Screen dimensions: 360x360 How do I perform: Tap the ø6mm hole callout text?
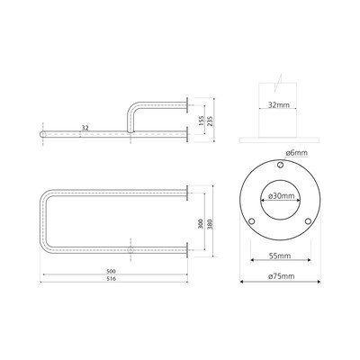pyautogui.click(x=297, y=153)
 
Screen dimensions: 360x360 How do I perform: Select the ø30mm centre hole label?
pyautogui.click(x=280, y=196)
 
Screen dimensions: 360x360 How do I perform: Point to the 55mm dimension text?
pyautogui.click(x=280, y=256)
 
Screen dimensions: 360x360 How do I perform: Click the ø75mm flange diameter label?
pyautogui.click(x=281, y=276)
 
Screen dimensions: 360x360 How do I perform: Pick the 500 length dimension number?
pyautogui.click(x=111, y=271)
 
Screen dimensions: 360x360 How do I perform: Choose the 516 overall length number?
pyautogui.click(x=111, y=279)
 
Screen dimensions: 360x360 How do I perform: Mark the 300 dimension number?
pyautogui.click(x=201, y=224)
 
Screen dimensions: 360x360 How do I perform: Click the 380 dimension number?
pyautogui.click(x=210, y=224)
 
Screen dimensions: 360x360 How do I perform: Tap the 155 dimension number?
pyautogui.click(x=201, y=121)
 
